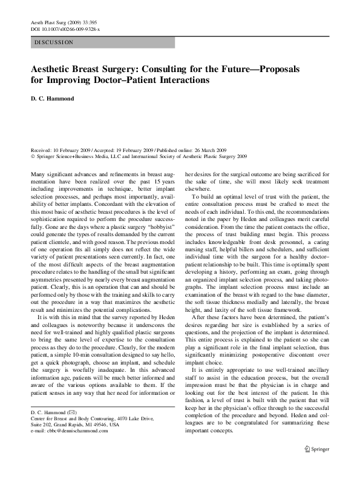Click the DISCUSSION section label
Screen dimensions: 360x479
[54, 42]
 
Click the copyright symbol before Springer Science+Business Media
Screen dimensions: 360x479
[31, 155]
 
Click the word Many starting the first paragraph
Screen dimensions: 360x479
[37, 174]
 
